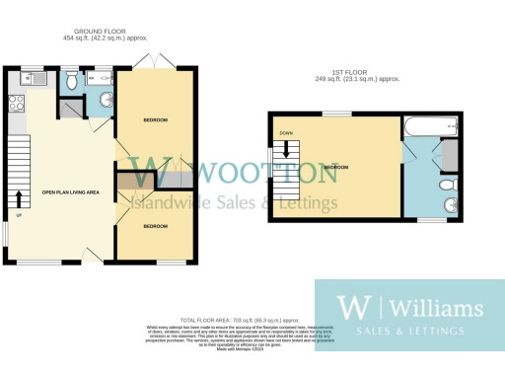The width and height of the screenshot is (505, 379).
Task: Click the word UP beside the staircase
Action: click(18, 216)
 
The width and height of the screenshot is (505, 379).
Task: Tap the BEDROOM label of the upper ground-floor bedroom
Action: click(155, 120)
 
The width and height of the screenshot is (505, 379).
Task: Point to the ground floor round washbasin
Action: click(105, 98)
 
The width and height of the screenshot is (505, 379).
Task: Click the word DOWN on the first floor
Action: click(286, 133)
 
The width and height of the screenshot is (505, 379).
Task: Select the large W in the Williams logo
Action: click(348, 305)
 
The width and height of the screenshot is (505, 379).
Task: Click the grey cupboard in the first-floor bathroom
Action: click(449, 154)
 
